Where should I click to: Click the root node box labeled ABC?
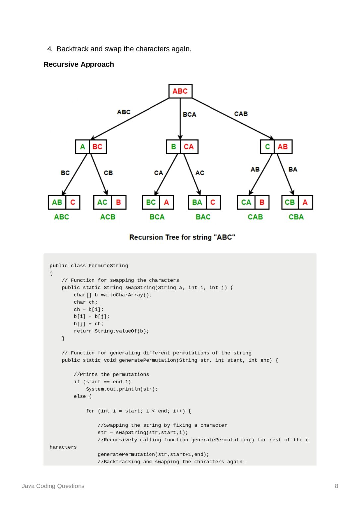pyautogui.click(x=180, y=91)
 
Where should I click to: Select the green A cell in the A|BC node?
pyautogui.click(x=83, y=147)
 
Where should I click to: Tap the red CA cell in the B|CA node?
pyautogui.click(x=189, y=147)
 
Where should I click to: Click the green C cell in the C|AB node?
pyautogui.click(x=267, y=147)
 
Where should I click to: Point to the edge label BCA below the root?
pyautogui.click(x=190, y=115)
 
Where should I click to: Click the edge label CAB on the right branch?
pyautogui.click(x=241, y=114)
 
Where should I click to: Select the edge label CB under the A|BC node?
pyautogui.click(x=108, y=173)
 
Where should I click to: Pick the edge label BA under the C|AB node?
pyautogui.click(x=293, y=170)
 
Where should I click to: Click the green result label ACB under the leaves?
pyautogui.click(x=108, y=217)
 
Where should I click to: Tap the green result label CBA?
pyautogui.click(x=296, y=217)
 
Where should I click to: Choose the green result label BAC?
pyautogui.click(x=203, y=217)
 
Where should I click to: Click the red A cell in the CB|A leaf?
pyautogui.click(x=305, y=202)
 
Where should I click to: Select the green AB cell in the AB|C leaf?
pyautogui.click(x=57, y=202)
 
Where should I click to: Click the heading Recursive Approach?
pyautogui.click(x=79, y=64)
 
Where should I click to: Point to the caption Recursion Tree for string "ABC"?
pyautogui.click(x=182, y=237)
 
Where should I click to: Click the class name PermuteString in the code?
pyautogui.click(x=108, y=266)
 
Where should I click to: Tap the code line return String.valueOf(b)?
pyautogui.click(x=111, y=331)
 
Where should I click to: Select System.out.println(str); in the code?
pyautogui.click(x=122, y=389)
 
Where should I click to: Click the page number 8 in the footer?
pyautogui.click(x=337, y=486)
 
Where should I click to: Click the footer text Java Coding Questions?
pyautogui.click(x=53, y=486)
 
